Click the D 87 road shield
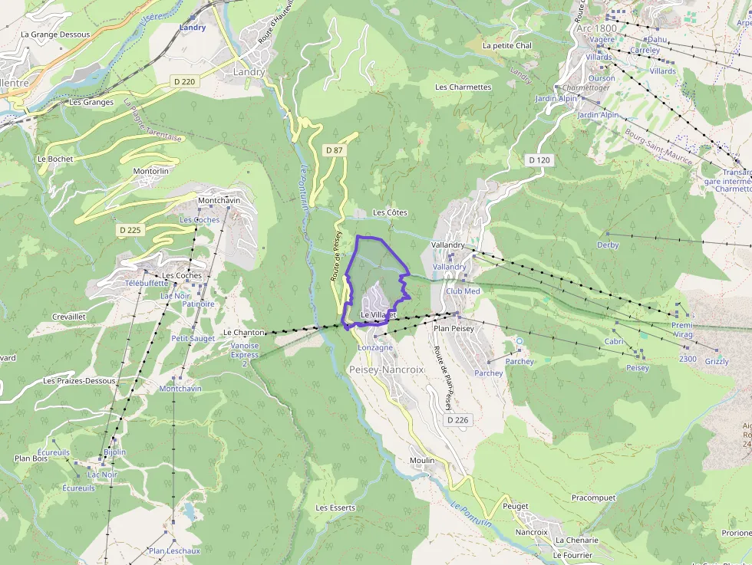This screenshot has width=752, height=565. (x=334, y=150)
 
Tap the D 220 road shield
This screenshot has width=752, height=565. (x=185, y=81)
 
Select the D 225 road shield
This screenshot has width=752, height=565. (x=130, y=230)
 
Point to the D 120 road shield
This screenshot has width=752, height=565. (x=539, y=160)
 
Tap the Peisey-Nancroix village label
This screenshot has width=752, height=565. (x=387, y=370)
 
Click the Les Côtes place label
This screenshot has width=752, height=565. (x=390, y=212)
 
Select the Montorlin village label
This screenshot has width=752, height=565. (x=150, y=171)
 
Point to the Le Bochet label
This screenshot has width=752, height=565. (x=55, y=159)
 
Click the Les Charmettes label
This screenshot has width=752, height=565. (x=463, y=87)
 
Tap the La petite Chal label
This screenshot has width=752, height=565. (x=506, y=45)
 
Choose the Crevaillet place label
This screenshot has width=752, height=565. (x=69, y=316)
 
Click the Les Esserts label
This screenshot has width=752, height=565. (x=335, y=508)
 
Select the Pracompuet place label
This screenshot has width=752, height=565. (x=593, y=498)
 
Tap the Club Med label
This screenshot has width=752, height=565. (x=463, y=291)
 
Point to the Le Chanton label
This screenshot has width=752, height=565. (x=243, y=333)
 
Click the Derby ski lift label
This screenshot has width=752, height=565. (x=608, y=245)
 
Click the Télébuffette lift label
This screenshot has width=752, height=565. (x=146, y=283)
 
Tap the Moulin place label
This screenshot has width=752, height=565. (x=422, y=460)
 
